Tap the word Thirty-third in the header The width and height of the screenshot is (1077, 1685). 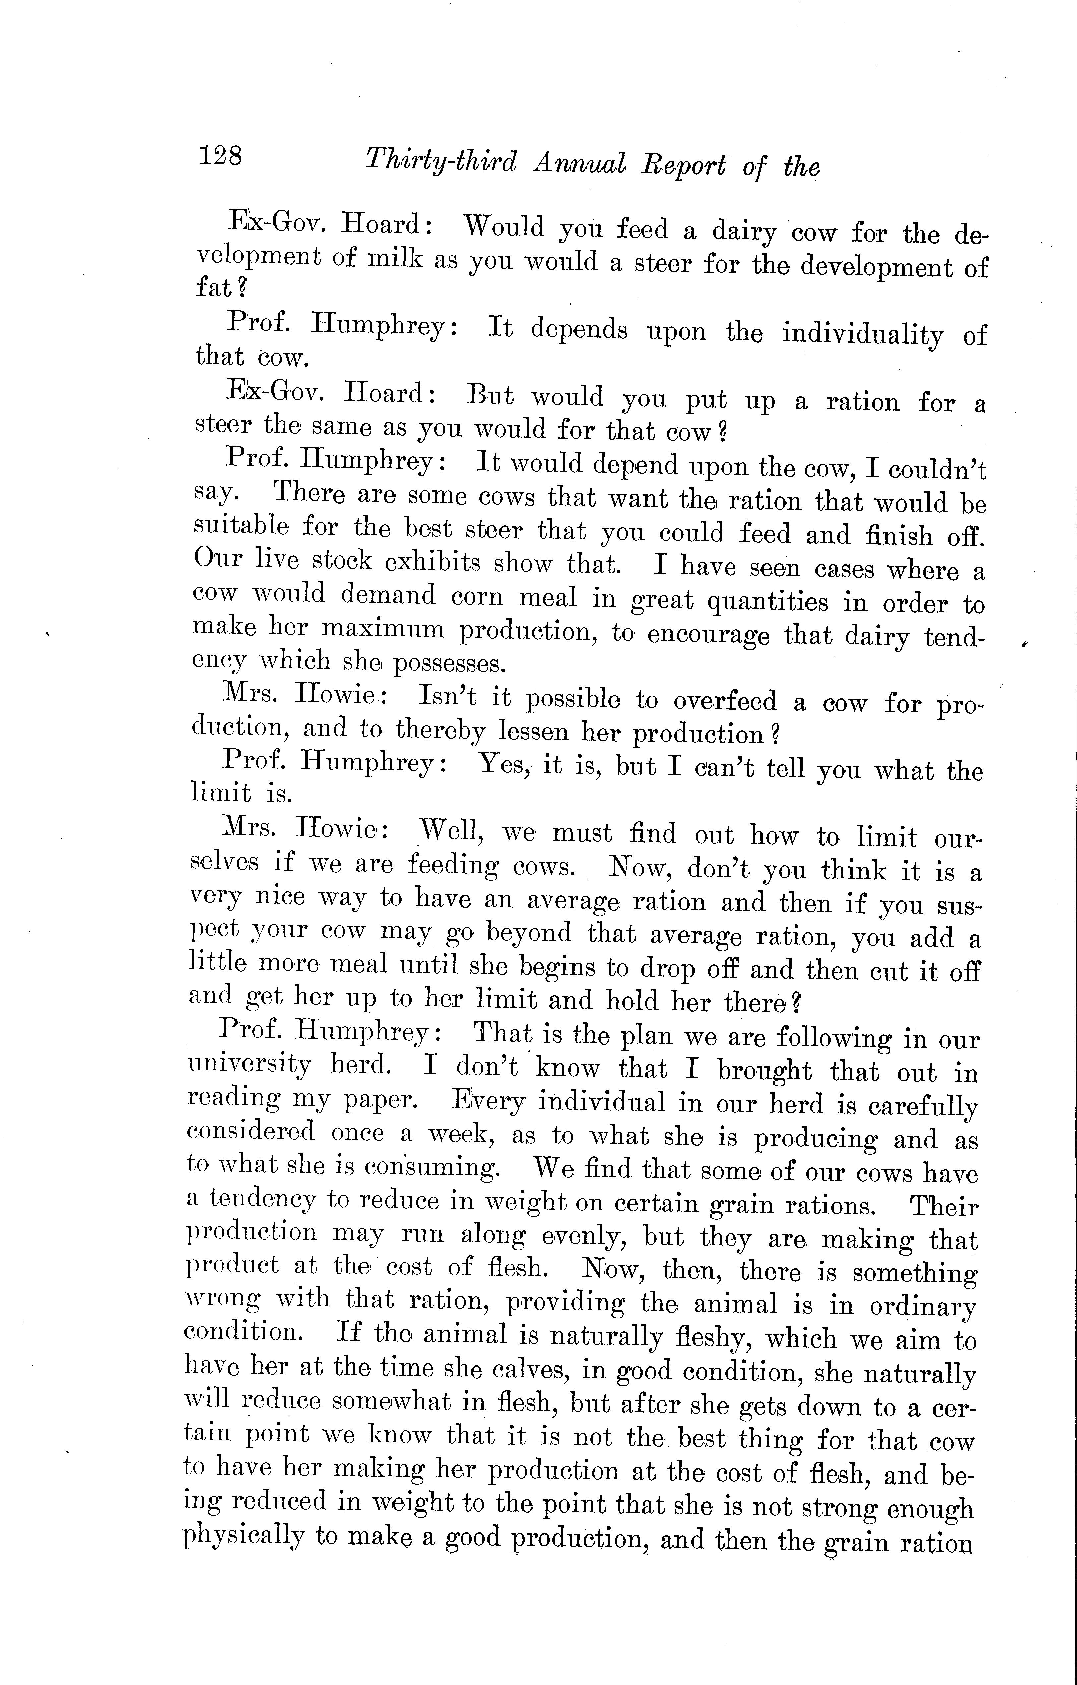(441, 163)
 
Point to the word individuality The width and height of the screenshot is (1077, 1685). (861, 335)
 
